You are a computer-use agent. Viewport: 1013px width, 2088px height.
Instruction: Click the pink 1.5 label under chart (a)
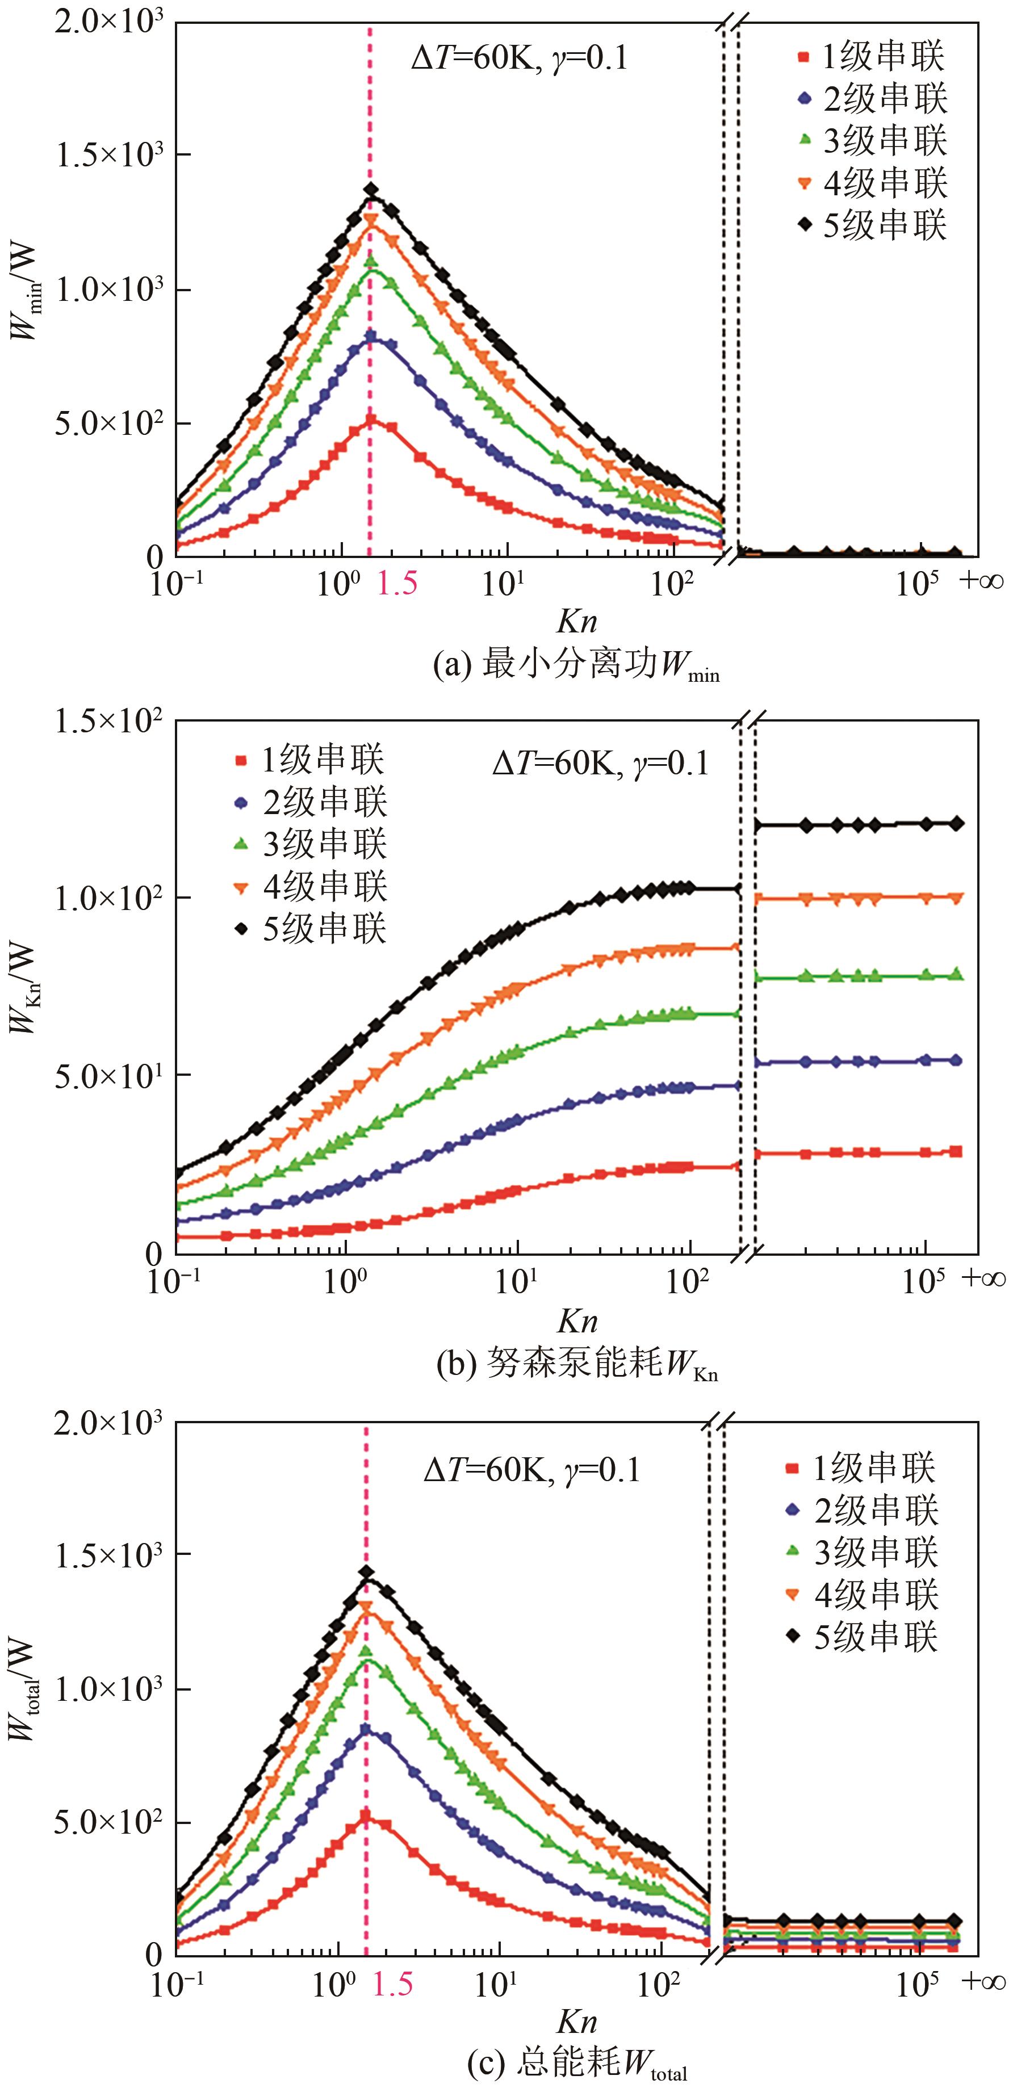pyautogui.click(x=397, y=584)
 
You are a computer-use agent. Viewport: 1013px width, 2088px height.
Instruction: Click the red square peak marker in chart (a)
pyautogui.click(x=371, y=420)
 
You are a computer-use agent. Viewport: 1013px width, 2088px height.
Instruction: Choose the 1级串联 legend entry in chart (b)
pyautogui.click(x=310, y=760)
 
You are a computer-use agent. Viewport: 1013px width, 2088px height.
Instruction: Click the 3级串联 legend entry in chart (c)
pyautogui.click(x=863, y=1552)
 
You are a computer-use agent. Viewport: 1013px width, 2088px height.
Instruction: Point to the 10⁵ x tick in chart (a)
pyautogui.click(x=916, y=584)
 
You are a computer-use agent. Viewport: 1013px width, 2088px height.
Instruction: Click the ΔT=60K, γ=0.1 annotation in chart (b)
pyautogui.click(x=600, y=764)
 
